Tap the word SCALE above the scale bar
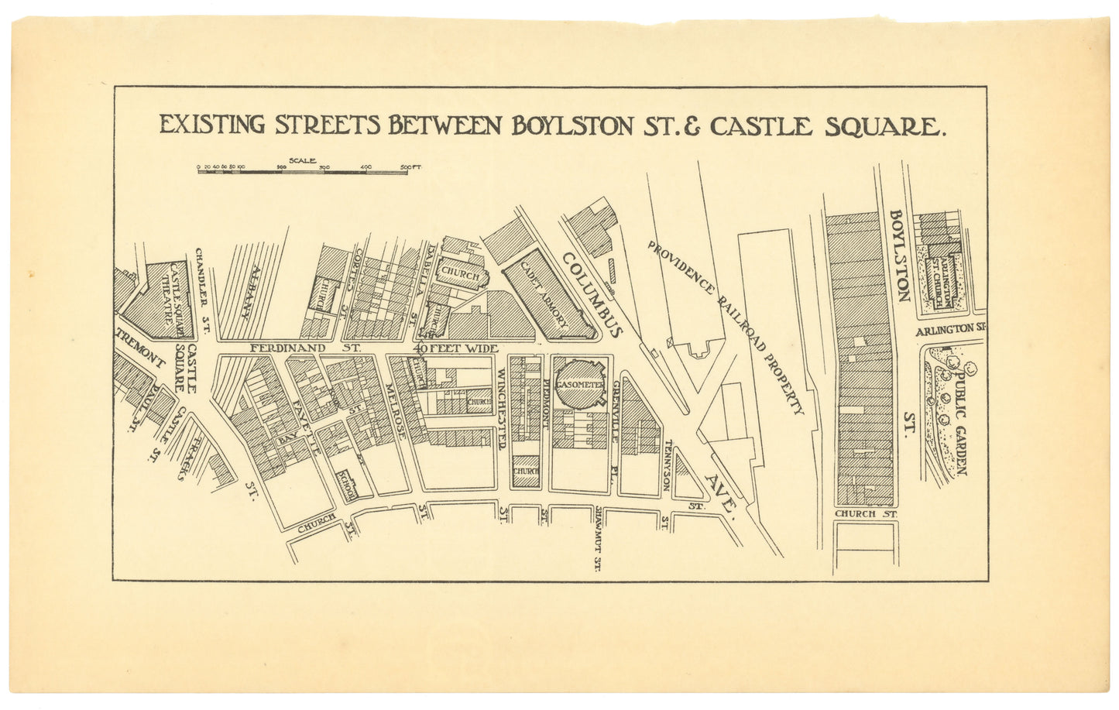tap(301, 159)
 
